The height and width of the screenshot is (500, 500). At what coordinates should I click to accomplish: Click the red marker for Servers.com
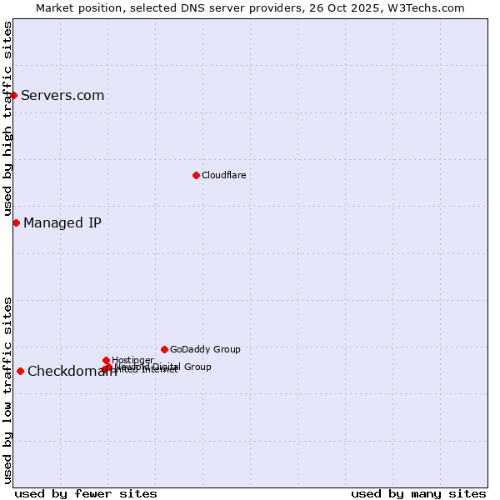coord(14,95)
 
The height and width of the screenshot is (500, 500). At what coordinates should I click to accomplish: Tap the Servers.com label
coord(62,95)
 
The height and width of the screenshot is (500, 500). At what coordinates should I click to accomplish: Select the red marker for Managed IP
coord(16,222)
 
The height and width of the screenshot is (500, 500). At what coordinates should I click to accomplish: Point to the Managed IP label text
coord(62,222)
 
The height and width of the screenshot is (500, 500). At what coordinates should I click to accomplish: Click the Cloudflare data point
coord(196,175)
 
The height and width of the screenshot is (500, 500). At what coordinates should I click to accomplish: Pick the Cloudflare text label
coord(223,175)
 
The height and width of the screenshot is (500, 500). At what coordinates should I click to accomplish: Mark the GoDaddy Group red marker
coord(164,349)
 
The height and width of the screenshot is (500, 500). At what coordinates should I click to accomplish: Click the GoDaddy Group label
coord(205,349)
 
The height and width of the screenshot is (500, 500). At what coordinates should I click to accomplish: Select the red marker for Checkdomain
coord(20,371)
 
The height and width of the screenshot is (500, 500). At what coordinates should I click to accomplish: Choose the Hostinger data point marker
coord(106,360)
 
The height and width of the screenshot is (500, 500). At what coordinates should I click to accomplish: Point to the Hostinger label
coord(132,360)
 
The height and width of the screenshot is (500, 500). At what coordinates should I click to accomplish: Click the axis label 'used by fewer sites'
coord(86,493)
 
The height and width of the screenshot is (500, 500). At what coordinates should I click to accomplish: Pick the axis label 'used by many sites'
coord(418,493)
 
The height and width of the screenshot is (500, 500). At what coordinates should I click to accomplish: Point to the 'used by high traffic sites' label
coord(7,120)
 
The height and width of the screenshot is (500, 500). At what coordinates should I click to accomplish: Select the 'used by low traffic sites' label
coord(7,390)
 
